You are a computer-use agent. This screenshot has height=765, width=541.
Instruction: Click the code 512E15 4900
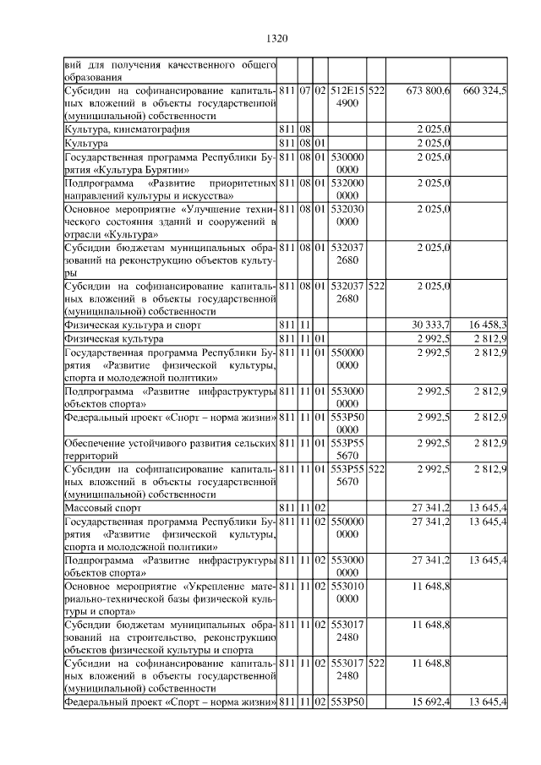347,96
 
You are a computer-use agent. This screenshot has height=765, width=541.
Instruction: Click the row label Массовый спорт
103,508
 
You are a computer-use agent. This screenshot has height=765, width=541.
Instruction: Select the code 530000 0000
347,163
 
